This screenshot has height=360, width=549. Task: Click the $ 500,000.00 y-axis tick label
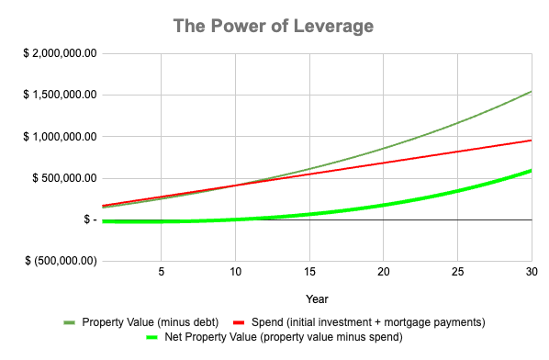coord(65,178)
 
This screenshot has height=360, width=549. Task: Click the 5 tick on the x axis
coord(161,273)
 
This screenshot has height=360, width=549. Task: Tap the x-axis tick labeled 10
coord(235,273)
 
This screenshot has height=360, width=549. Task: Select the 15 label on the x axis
coord(309,273)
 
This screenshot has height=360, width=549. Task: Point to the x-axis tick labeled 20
coord(384,273)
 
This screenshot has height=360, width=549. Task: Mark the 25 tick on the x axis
coord(457,273)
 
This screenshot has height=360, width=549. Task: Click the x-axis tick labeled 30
coord(531,273)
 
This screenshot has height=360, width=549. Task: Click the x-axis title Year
coord(317,298)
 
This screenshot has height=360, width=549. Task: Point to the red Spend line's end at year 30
coord(532,141)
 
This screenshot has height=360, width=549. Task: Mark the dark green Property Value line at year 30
coord(532,91)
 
